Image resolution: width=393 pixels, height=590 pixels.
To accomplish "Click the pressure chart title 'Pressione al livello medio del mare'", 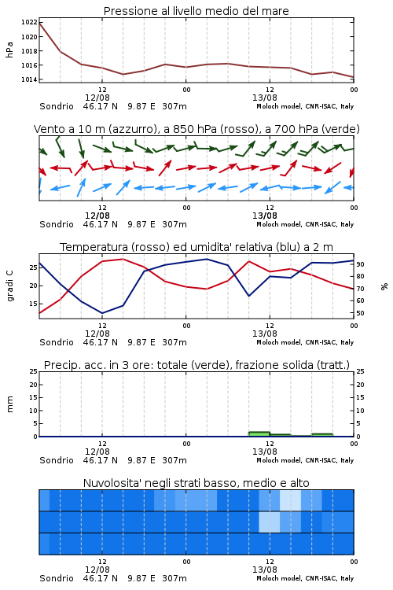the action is tap(196, 11).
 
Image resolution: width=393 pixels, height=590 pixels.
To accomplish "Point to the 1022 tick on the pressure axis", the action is tap(29, 22).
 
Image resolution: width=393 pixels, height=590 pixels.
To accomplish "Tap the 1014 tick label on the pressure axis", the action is tap(29, 79).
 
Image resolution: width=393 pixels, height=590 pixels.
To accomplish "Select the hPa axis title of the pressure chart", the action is tap(9, 50).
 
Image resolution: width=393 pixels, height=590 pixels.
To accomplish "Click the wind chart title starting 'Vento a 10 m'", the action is tap(196, 129).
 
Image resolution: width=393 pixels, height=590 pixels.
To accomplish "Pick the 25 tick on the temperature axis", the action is tap(33, 267).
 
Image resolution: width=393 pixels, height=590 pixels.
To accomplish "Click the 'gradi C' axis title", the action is tap(9, 286).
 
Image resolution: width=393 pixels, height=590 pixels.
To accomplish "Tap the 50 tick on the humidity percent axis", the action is tap(360, 313).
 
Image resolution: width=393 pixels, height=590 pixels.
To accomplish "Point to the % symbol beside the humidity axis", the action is tap(384, 286).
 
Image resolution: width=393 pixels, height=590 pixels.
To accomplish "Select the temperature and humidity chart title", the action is tap(196, 247).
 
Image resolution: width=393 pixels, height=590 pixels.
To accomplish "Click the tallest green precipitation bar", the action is tap(259, 433).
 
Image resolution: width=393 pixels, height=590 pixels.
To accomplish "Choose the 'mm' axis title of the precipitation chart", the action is tap(9, 404).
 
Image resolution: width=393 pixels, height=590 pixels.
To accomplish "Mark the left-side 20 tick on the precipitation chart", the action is tap(33, 385).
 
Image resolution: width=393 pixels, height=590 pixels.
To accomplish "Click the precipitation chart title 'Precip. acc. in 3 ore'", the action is tap(196, 365).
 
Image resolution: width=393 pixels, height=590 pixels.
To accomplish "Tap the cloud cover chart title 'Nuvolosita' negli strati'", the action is tap(196, 483).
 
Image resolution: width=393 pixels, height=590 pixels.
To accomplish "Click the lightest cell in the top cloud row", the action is tap(290, 500).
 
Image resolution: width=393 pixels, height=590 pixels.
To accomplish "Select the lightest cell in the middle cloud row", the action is tap(270, 522).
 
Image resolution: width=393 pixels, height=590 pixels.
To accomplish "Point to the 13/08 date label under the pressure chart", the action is tap(264, 98).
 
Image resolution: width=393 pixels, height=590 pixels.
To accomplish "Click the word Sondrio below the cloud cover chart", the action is tap(57, 578).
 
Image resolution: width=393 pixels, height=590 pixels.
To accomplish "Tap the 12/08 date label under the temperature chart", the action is tap(97, 334).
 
